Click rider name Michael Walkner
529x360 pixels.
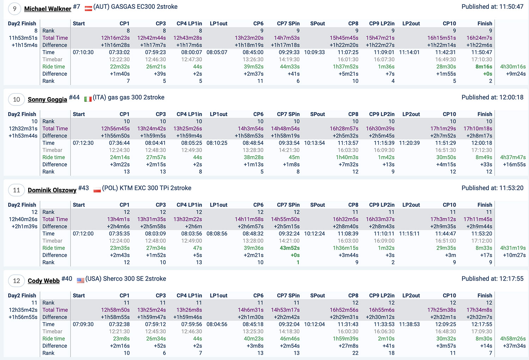point(48,9)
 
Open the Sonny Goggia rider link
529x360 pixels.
point(47,99)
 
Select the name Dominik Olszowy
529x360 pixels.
point(52,190)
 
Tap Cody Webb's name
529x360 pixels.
point(44,281)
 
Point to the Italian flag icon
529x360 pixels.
point(88,99)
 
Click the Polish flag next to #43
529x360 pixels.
point(97,190)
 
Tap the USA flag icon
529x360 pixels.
point(80,280)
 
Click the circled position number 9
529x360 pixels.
point(14,9)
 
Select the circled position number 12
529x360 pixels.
point(16,281)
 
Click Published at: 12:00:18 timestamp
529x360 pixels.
point(492,97)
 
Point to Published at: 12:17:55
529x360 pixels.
point(492,279)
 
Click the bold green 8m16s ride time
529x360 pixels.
point(484,67)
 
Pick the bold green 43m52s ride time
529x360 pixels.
point(290,248)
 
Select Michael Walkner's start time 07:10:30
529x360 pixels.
point(83,52)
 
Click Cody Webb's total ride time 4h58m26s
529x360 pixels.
point(513,338)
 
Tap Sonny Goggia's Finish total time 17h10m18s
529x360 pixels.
point(478,129)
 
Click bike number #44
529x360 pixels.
point(74,97)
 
